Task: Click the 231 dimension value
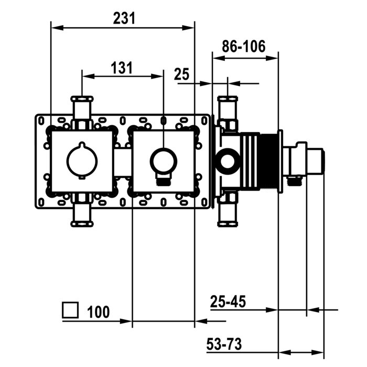[124, 18]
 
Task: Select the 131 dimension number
[122, 68]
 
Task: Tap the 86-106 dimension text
[244, 46]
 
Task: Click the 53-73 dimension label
[224, 344]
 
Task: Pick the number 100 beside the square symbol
[99, 312]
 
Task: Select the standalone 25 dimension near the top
[181, 74]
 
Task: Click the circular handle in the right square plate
[163, 159]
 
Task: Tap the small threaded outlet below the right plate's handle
[163, 181]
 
